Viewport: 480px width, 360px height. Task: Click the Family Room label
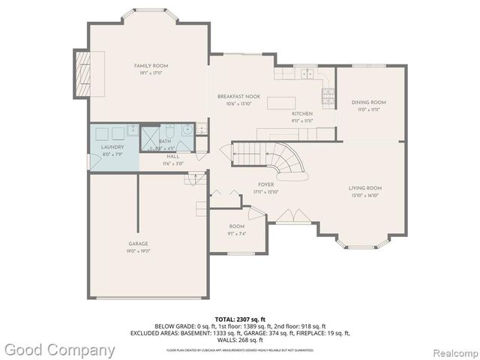point(151,66)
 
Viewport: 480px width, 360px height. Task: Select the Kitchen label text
point(301,113)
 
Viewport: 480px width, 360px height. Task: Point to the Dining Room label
point(369,102)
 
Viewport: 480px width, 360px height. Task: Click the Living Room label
point(365,188)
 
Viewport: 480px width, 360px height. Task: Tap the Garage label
point(138,244)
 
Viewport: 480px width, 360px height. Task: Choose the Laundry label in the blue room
point(112,147)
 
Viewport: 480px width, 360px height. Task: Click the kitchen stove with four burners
point(328,95)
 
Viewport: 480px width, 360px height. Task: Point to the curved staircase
point(289,161)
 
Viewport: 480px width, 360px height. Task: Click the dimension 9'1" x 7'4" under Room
point(237,233)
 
